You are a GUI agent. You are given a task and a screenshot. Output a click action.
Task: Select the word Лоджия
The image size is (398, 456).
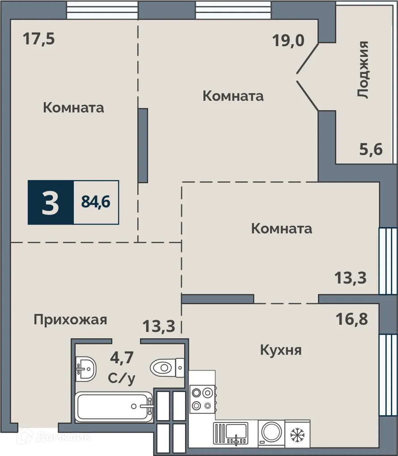tap(363, 69)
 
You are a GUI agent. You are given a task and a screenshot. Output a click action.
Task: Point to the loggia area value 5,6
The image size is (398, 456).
tap(371, 149)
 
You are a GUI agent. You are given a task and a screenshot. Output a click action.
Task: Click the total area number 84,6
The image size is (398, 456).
tap(96, 202)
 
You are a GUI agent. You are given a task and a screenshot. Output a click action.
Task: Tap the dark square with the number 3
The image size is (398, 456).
tap(51, 202)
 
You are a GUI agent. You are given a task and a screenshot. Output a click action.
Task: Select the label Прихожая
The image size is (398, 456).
tap(71, 319)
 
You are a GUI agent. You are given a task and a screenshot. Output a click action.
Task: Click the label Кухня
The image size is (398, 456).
tap(281, 350)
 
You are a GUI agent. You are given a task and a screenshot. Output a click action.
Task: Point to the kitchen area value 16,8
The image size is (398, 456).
tap(351, 320)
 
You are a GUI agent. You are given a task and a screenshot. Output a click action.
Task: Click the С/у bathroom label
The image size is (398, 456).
tap(122, 379)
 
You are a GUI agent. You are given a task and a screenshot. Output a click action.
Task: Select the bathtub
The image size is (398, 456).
tap(114, 407)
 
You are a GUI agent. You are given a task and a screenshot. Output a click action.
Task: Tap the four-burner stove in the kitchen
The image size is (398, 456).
tap(202, 399)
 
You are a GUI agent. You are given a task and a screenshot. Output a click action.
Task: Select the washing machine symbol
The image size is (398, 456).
tap(271, 433)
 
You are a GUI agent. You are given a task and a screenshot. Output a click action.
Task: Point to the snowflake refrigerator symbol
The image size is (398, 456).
tap(297, 433)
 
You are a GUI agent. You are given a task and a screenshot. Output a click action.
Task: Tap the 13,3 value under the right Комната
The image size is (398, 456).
tap(351, 278)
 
